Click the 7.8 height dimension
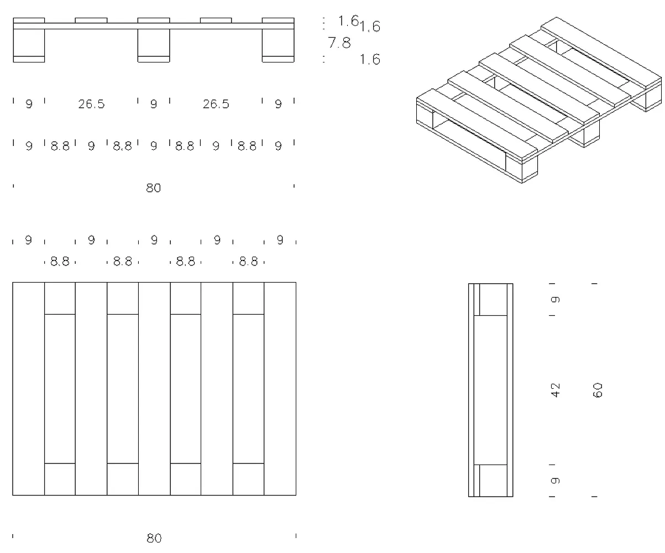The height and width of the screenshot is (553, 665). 339,43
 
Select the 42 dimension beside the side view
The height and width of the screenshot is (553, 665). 556,389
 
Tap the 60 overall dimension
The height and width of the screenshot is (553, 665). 598,389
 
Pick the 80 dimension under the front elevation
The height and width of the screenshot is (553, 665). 153,188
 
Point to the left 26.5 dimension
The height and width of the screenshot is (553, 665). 91,104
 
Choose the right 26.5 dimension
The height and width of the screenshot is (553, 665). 216,104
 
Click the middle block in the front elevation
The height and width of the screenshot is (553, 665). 154,43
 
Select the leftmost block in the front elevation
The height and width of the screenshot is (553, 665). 29,43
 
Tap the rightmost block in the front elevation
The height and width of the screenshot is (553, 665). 278,43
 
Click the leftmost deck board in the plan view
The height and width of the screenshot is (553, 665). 28,388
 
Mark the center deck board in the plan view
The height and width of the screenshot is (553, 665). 154,388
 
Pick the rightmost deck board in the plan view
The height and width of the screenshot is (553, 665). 280,388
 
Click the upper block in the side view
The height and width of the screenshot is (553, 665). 493,300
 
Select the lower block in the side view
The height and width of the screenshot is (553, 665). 493,480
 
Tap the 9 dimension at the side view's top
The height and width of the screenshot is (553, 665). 556,300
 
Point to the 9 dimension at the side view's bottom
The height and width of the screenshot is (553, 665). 556,480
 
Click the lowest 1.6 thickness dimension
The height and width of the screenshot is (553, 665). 370,60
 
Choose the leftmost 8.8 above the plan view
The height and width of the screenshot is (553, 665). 60,262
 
